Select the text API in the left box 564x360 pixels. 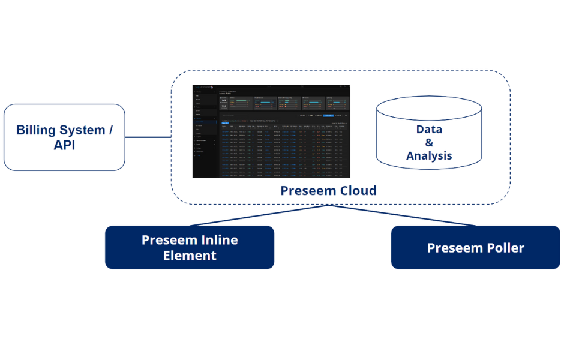(x=65, y=146)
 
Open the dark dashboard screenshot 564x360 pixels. (x=271, y=132)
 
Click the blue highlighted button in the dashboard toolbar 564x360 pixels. (x=328, y=115)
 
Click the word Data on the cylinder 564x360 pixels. (x=429, y=129)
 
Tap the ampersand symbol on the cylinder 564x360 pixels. (x=429, y=143)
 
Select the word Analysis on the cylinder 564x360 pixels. (x=429, y=156)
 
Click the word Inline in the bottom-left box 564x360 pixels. (x=215, y=240)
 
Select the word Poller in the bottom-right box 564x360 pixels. (x=505, y=248)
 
